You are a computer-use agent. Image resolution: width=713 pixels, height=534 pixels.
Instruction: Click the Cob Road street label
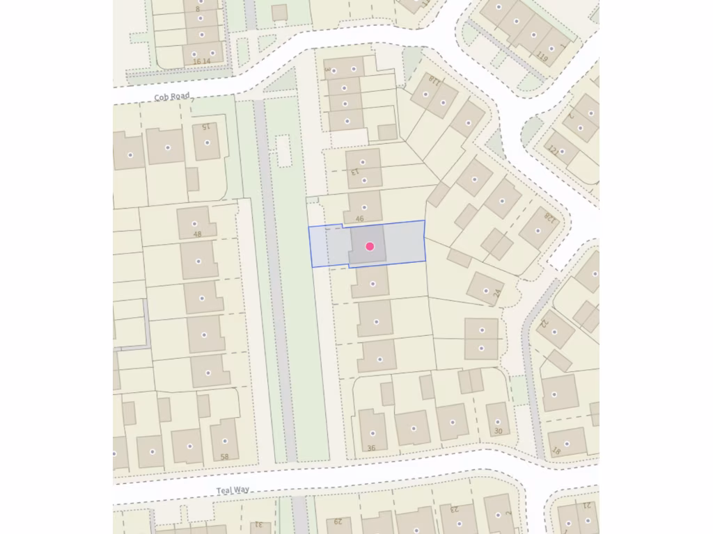pyautogui.click(x=172, y=97)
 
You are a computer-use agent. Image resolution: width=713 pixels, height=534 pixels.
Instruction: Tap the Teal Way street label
pyautogui.click(x=233, y=490)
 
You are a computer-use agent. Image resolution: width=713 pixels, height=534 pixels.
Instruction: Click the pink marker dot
pyautogui.click(x=370, y=246)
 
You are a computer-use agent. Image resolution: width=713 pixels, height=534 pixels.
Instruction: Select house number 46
pyautogui.click(x=359, y=218)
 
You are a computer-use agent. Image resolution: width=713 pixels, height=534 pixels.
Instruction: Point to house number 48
pyautogui.click(x=197, y=234)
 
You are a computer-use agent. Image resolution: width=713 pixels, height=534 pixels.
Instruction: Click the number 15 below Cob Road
pyautogui.click(x=205, y=127)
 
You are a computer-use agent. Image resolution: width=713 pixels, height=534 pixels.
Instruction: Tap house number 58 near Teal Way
pyautogui.click(x=224, y=457)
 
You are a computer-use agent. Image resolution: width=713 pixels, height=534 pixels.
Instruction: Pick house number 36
pyautogui.click(x=371, y=448)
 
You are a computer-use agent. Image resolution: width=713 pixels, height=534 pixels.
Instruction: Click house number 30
pyautogui.click(x=498, y=431)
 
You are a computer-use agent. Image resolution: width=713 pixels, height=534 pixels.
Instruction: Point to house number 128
pyautogui.click(x=551, y=218)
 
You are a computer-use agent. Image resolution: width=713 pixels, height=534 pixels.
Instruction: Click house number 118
pyautogui.click(x=434, y=81)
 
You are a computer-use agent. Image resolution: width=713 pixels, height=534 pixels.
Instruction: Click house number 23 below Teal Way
pyautogui.click(x=454, y=509)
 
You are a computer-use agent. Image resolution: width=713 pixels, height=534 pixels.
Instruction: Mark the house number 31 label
pyautogui.click(x=256, y=524)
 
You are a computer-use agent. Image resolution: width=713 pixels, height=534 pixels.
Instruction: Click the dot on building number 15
pyautogui.click(x=207, y=143)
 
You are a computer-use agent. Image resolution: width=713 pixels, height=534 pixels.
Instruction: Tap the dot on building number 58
pyautogui.click(x=224, y=440)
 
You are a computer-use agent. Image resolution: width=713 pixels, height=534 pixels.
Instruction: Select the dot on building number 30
pyautogui.click(x=498, y=419)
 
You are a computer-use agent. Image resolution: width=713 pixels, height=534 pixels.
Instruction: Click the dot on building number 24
pyautogui.click(x=485, y=291)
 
